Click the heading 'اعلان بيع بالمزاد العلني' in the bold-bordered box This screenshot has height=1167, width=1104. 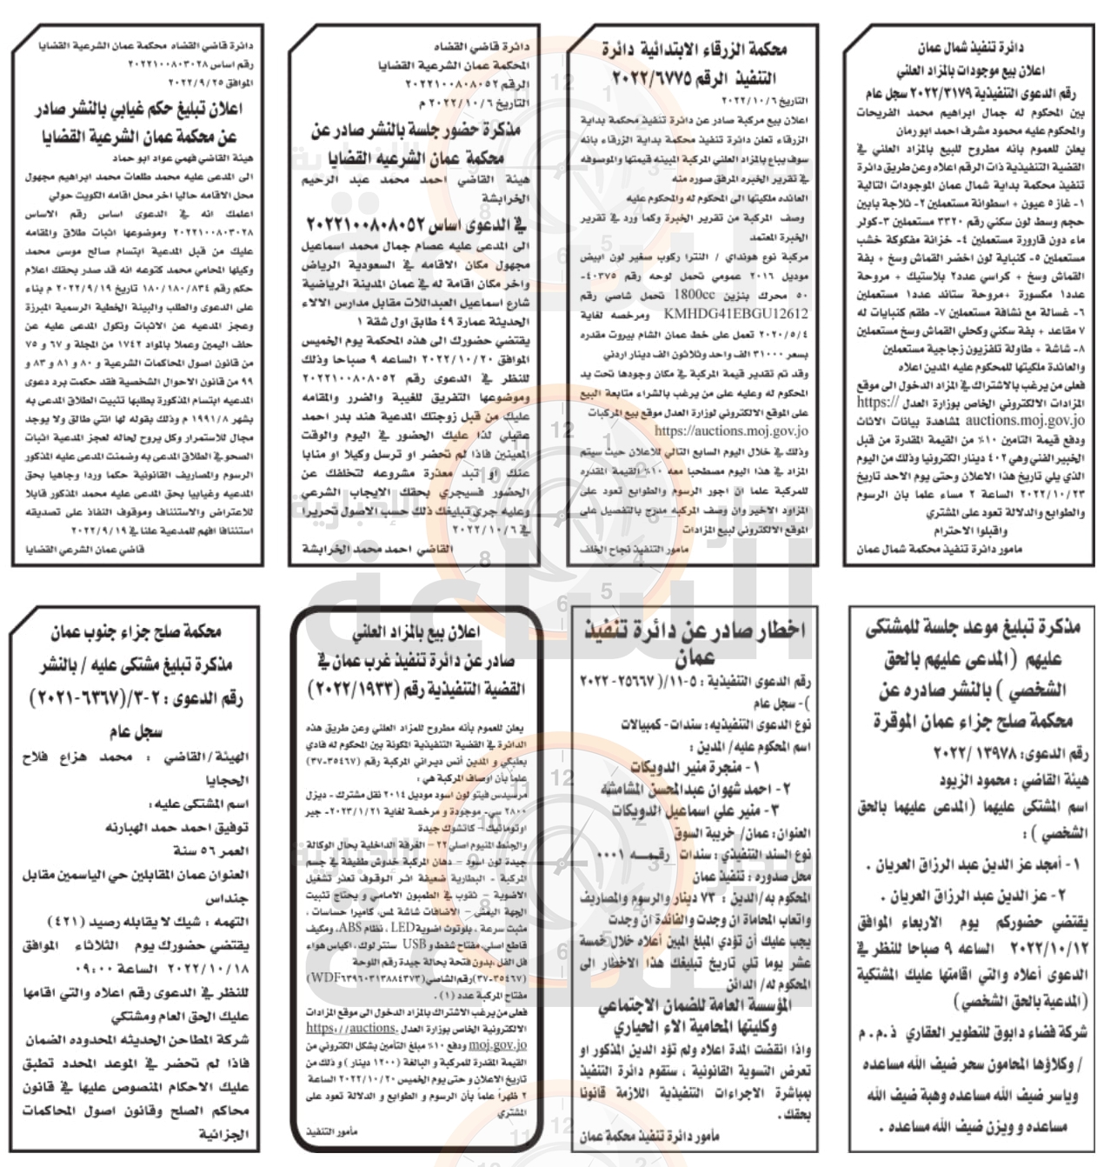pos(416,631)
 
